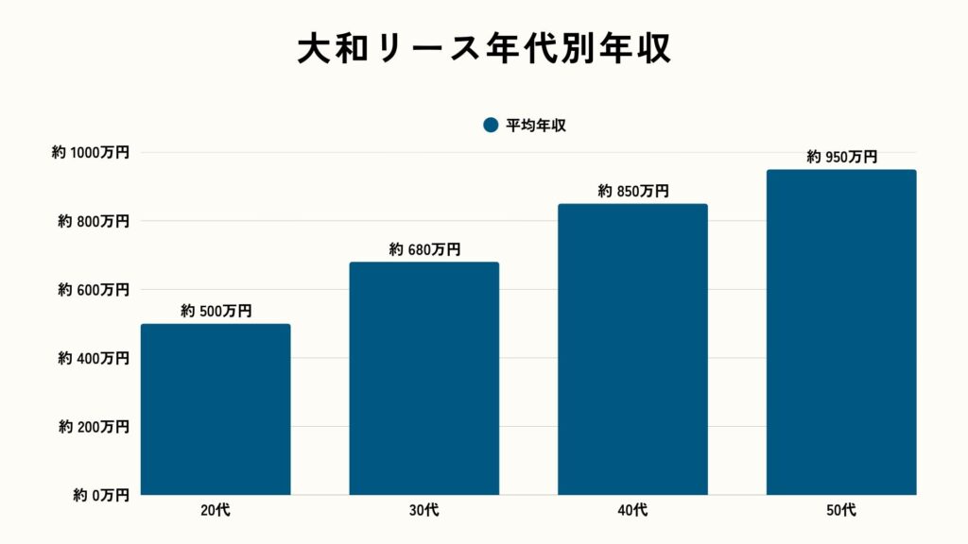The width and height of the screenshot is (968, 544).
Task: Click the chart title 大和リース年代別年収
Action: click(484, 50)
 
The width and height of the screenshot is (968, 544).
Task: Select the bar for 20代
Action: click(216, 409)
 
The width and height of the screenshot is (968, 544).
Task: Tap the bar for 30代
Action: click(424, 378)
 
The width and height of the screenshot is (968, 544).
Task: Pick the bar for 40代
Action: click(632, 348)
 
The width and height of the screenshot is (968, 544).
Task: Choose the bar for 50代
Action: click(841, 331)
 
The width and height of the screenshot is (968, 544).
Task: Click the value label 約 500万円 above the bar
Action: click(216, 311)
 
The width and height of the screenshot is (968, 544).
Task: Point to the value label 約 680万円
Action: click(424, 249)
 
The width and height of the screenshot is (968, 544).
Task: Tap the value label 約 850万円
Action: click(633, 191)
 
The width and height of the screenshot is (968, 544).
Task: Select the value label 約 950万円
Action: click(842, 157)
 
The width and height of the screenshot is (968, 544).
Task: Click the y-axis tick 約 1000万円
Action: click(91, 152)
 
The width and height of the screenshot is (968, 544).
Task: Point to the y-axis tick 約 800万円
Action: click(94, 221)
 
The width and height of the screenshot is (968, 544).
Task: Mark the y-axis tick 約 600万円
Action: click(94, 290)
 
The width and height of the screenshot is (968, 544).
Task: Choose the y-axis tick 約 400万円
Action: click(94, 358)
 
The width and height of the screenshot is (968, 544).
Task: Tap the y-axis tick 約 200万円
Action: click(94, 427)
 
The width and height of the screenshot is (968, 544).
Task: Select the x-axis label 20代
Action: click(216, 511)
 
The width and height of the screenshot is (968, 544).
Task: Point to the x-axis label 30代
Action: click(424, 511)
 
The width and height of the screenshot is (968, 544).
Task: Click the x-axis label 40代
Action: click(632, 511)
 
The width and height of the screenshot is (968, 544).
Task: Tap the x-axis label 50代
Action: click(841, 511)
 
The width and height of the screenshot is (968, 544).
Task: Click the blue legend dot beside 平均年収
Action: click(490, 125)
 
